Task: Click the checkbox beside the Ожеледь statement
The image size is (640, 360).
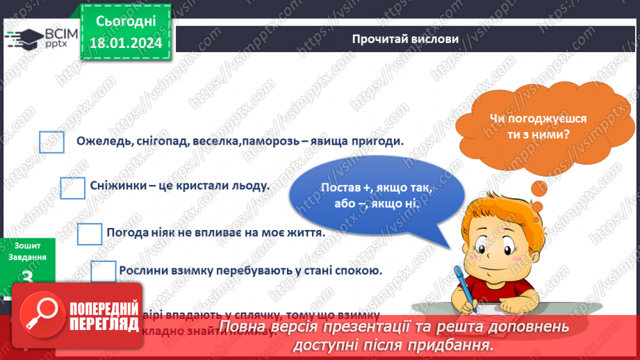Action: tap(51, 142)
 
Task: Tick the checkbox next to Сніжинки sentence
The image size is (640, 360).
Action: tap(72, 187)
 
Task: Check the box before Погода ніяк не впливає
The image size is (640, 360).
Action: tap(90, 234)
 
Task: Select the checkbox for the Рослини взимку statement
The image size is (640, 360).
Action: tap(104, 271)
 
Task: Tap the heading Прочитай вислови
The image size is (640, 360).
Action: tap(405, 39)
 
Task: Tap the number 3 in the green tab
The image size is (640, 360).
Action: tap(28, 277)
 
